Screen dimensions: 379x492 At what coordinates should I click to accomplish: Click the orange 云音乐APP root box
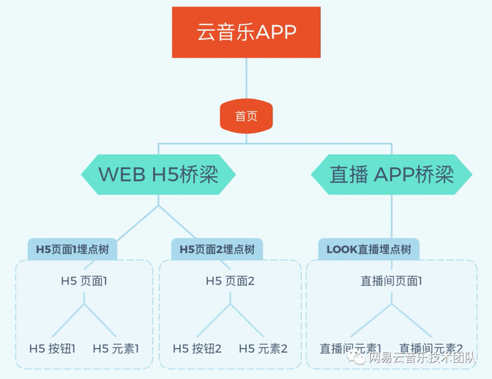[246, 32]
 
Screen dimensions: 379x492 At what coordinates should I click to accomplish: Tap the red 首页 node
[246, 117]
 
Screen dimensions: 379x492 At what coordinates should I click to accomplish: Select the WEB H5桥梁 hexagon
[157, 175]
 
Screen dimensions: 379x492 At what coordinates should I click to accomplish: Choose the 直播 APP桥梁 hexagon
[391, 175]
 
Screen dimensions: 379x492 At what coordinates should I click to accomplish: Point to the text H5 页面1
[84, 281]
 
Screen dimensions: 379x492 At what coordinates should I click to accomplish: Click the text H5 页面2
[230, 281]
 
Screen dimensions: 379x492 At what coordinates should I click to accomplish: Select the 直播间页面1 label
[391, 281]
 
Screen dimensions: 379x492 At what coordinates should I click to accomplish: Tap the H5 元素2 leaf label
[263, 348]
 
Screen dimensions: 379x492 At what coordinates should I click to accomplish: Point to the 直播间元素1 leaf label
[350, 348]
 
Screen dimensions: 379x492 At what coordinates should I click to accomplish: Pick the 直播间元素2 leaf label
[431, 348]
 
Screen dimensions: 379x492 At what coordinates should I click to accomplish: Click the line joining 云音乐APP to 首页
[246, 81]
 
